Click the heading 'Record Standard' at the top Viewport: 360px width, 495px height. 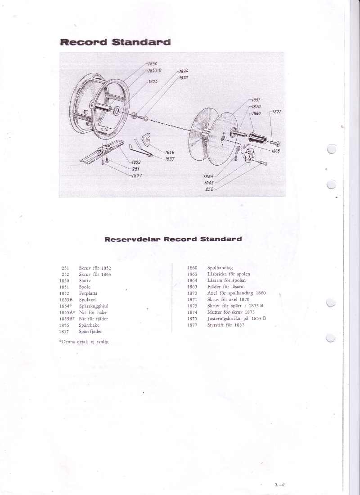[x=115, y=42]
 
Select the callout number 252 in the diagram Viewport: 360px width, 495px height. [x=209, y=189]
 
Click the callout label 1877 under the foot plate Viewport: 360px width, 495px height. [x=137, y=176]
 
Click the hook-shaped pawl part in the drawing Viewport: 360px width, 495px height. [x=146, y=139]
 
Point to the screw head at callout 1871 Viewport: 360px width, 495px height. [x=277, y=144]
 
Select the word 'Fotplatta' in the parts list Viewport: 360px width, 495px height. [x=88, y=293]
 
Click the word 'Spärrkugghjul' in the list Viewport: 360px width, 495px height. [x=94, y=306]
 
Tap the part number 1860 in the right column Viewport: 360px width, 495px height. [x=192, y=268]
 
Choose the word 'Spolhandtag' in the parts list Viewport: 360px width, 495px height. [x=220, y=268]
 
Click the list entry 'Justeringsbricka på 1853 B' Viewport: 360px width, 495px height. [x=237, y=319]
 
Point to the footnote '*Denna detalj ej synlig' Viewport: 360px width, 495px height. [x=84, y=342]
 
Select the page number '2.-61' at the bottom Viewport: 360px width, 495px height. [x=280, y=485]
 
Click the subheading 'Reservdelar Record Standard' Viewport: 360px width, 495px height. [x=173, y=239]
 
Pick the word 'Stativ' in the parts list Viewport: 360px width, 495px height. [x=85, y=281]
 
